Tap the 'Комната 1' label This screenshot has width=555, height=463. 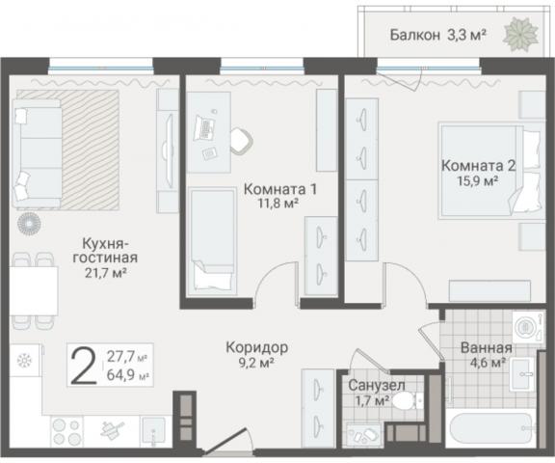coord(279,189)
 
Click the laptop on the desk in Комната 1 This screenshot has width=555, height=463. coord(206,126)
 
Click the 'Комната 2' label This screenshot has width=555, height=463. coord(476,164)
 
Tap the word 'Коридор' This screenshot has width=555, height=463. coord(257,346)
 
